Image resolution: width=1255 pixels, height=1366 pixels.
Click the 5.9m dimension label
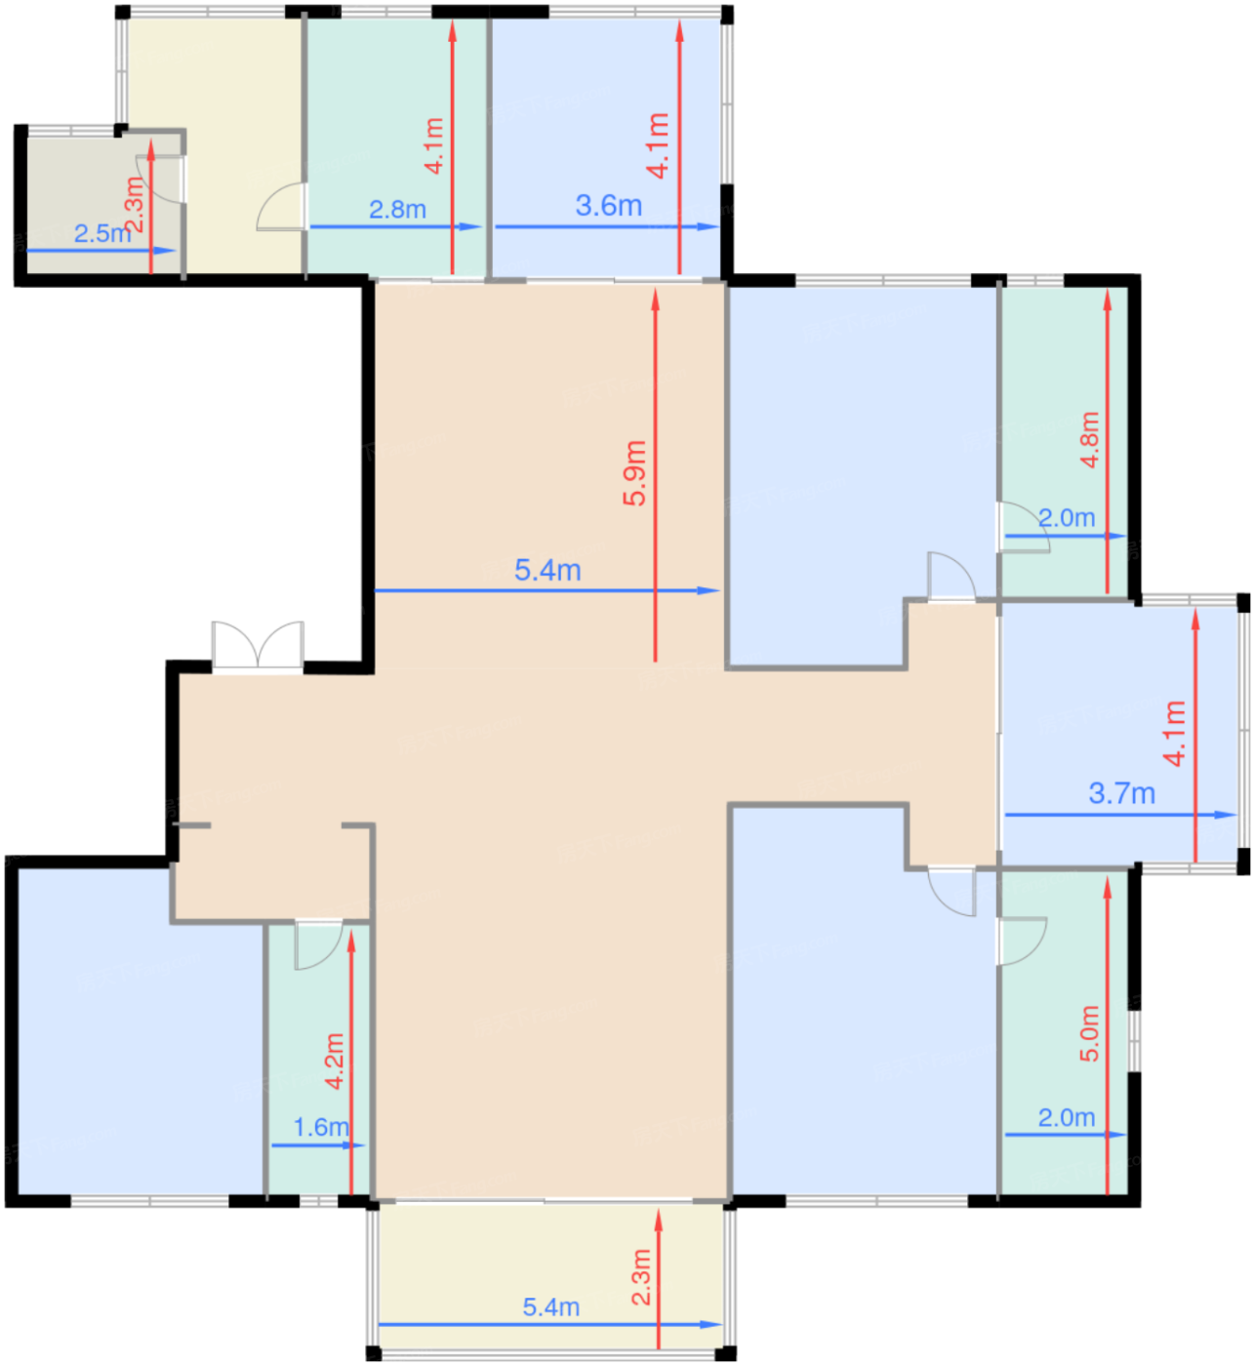tap(634, 472)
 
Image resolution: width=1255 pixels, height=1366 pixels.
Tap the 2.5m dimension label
tap(102, 233)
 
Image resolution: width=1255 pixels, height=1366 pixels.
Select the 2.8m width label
tap(397, 209)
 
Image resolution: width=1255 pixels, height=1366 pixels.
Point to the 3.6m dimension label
tap(608, 206)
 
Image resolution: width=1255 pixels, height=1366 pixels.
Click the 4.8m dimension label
tap(1090, 439)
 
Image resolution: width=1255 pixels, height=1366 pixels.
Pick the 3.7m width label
tap(1121, 793)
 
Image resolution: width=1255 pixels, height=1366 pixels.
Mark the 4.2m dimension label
tap(335, 1061)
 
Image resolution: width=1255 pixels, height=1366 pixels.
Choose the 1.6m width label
tap(321, 1128)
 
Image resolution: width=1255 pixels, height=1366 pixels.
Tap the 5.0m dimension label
tap(1090, 1033)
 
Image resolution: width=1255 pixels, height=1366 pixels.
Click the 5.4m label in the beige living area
tap(547, 570)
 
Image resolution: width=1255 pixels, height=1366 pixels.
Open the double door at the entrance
tap(258, 646)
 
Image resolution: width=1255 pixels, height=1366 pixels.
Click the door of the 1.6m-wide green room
tap(318, 945)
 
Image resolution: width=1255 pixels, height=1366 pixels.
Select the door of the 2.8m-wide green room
tap(282, 207)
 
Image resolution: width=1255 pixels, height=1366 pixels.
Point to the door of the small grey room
tap(161, 180)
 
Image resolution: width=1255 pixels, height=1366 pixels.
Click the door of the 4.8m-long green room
tap(1023, 526)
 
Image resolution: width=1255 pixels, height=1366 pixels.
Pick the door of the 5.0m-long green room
tap(1022, 942)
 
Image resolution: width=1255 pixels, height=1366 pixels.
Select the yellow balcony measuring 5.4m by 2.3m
tap(550, 1276)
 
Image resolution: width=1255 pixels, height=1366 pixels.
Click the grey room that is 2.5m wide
tap(102, 205)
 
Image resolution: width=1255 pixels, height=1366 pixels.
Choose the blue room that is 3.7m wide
tap(1118, 735)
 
